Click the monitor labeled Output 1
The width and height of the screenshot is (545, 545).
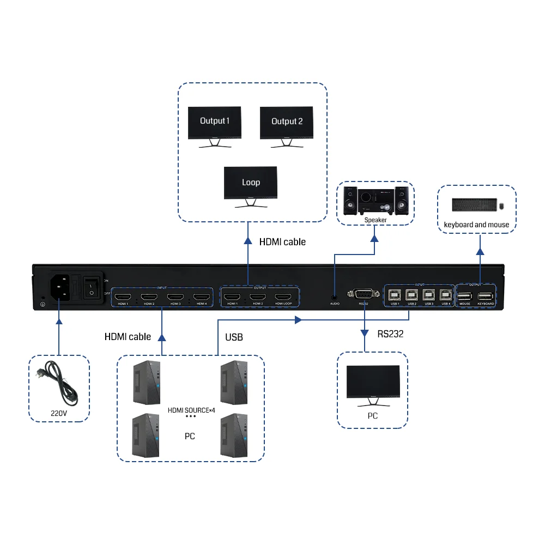pyautogui.click(x=214, y=123)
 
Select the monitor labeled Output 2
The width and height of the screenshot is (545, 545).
pyautogui.click(x=286, y=123)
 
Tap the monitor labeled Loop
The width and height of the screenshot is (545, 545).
pyautogui.click(x=251, y=184)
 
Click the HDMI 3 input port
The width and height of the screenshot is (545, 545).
pyautogui.click(x=175, y=298)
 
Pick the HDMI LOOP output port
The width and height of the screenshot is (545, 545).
pyautogui.click(x=283, y=298)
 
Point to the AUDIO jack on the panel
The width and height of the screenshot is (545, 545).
pyautogui.click(x=334, y=298)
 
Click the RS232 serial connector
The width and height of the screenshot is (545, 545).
pyautogui.click(x=364, y=295)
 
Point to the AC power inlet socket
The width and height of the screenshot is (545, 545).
pyautogui.click(x=62, y=287)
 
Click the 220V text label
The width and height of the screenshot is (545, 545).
pyautogui.click(x=58, y=414)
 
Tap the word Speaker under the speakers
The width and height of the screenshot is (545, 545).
pyautogui.click(x=376, y=220)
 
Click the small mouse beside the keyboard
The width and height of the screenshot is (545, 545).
pyautogui.click(x=501, y=205)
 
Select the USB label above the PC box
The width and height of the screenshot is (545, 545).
pyautogui.click(x=234, y=337)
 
